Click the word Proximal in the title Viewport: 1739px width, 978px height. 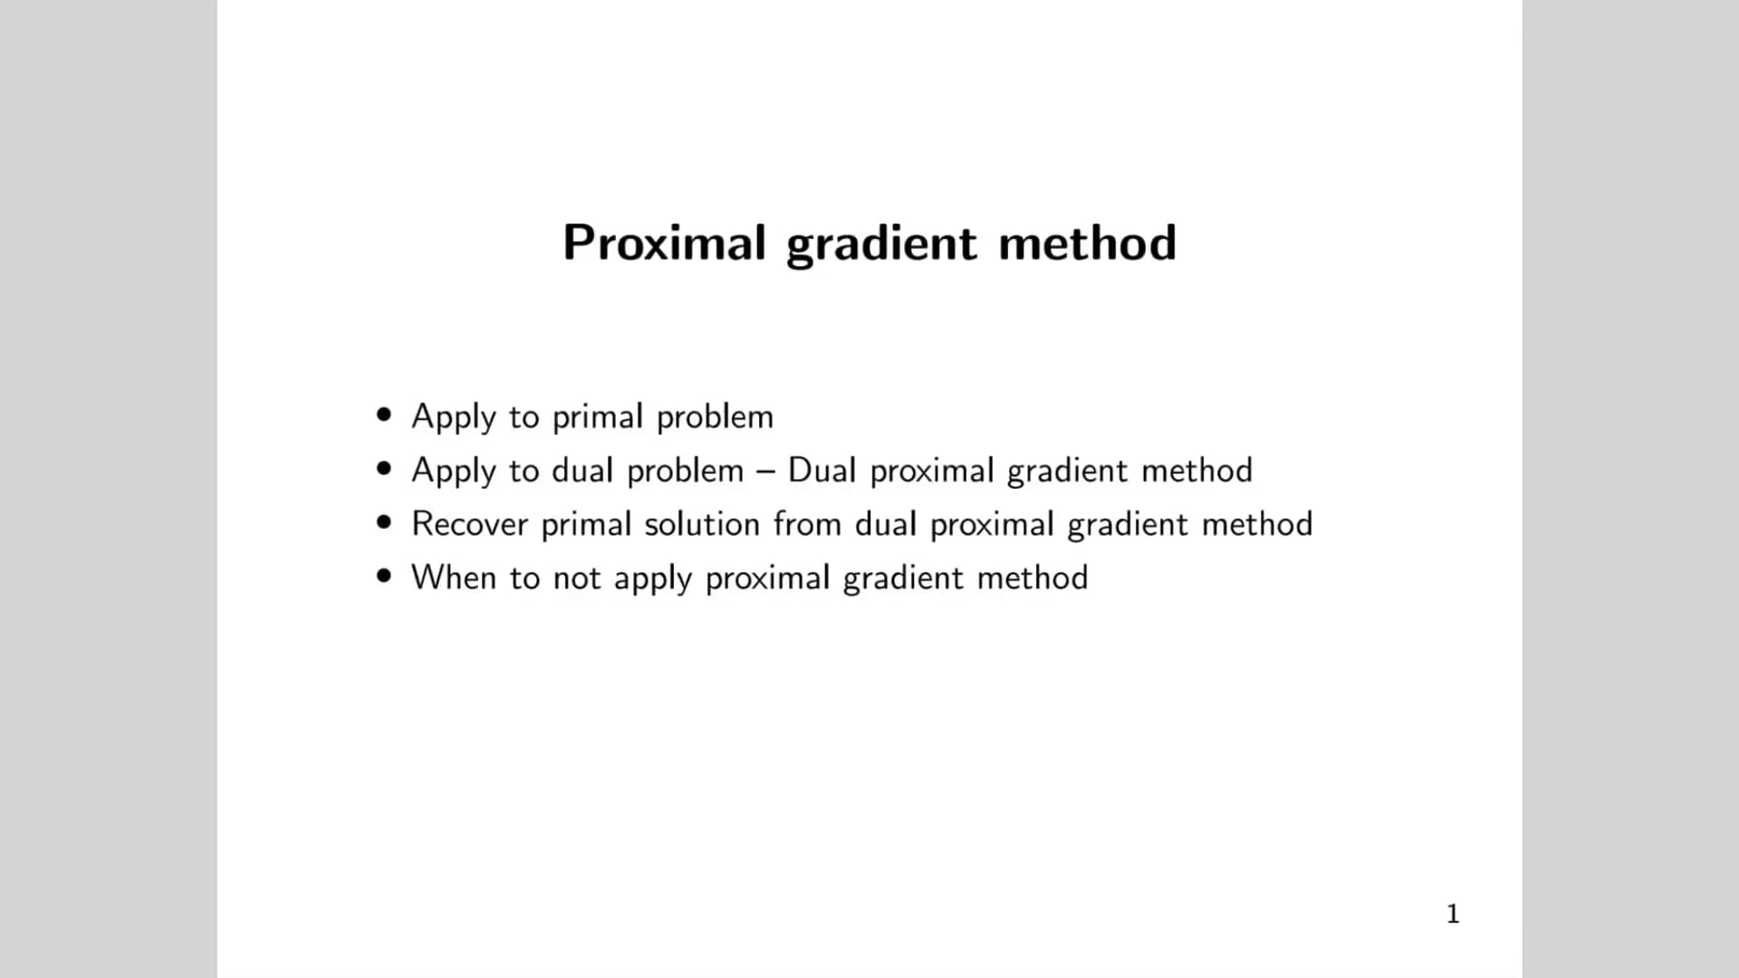tap(664, 243)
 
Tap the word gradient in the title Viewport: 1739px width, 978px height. tap(881, 244)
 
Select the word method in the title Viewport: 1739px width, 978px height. tap(1087, 243)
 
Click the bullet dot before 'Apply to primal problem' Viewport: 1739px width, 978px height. tap(385, 416)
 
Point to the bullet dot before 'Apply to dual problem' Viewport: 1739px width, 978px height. tap(385, 469)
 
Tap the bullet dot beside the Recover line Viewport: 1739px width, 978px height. tap(385, 523)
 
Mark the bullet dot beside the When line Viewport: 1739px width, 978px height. tap(385, 576)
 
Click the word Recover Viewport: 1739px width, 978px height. tap(469, 523)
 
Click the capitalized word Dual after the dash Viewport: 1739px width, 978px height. tap(821, 470)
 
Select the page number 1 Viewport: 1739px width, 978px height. tap(1453, 914)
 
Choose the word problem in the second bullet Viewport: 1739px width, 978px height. tap(685, 470)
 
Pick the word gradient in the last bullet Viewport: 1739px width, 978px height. tap(903, 579)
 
